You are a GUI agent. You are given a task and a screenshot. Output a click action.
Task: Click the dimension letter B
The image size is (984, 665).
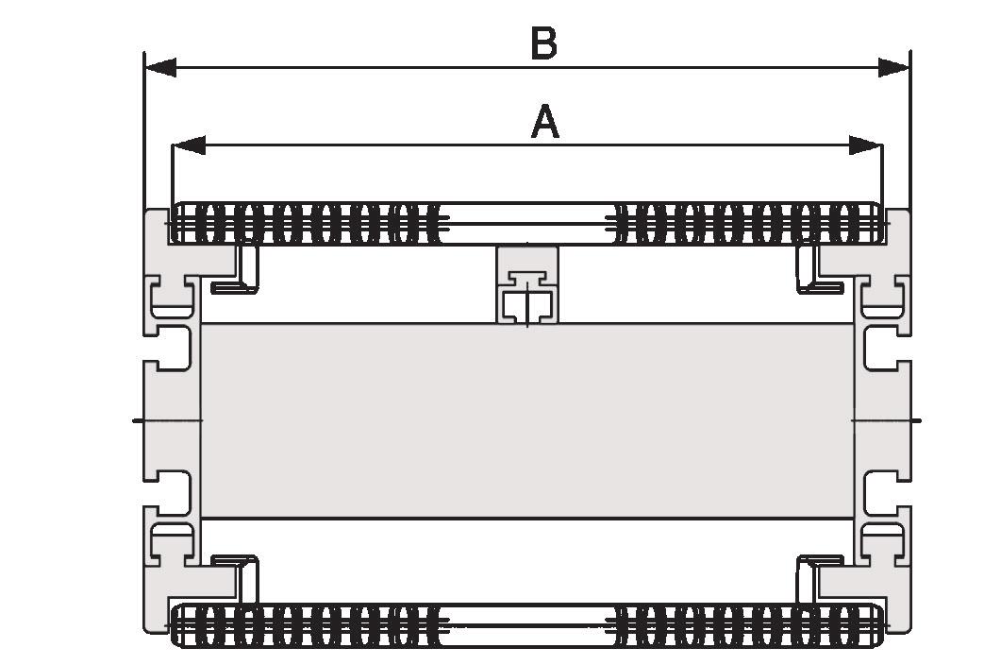coord(543,43)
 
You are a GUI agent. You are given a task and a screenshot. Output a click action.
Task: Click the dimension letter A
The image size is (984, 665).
coord(545,123)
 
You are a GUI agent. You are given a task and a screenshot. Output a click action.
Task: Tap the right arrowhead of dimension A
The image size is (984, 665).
coord(865,145)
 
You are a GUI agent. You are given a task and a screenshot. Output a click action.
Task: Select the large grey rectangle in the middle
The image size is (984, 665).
coord(527,420)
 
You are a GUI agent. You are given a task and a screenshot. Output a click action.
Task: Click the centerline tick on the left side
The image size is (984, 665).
coord(140,418)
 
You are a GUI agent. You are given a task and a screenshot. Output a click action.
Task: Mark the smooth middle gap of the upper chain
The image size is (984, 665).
coord(525,223)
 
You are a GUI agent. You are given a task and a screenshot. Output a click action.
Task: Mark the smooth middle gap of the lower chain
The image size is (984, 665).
coord(525,624)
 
